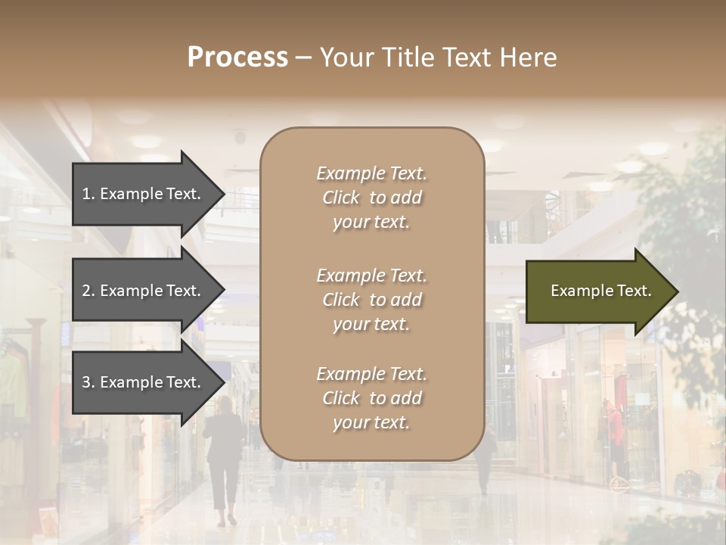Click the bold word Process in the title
tap(237, 58)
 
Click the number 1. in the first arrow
tap(88, 194)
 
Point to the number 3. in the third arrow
tap(88, 382)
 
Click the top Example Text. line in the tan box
tap(371, 173)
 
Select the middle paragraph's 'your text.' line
tap(371, 323)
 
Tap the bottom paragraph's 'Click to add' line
tap(371, 398)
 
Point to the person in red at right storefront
tap(617, 431)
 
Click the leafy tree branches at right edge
tap(692, 227)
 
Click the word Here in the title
tap(529, 58)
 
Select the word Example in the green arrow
tap(577, 291)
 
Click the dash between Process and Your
tap(303, 58)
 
